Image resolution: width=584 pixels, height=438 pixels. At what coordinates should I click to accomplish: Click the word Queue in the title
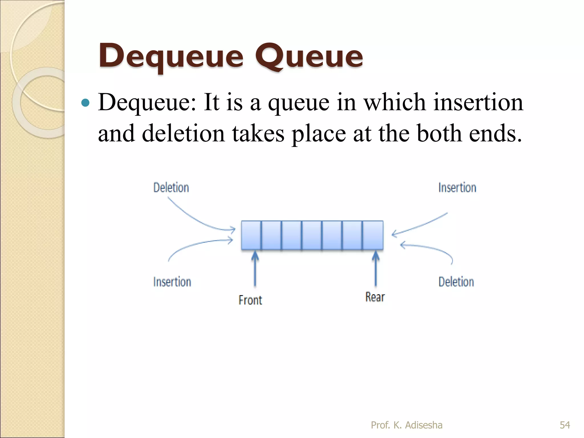[309, 57]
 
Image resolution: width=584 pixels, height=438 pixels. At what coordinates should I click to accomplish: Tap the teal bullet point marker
[85, 103]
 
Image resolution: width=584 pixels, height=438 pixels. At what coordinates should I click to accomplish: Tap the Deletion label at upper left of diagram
[171, 188]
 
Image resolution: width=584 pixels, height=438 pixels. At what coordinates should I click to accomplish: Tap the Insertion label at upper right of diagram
[457, 188]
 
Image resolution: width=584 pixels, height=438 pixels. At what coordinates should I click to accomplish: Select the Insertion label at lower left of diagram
[172, 282]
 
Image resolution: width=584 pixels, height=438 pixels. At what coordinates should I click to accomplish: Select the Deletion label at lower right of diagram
[456, 282]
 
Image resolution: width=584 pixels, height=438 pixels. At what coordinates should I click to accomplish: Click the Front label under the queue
[250, 300]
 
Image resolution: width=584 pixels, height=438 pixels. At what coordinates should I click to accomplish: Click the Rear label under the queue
[375, 297]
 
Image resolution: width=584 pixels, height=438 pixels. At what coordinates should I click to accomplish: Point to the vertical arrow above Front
[255, 268]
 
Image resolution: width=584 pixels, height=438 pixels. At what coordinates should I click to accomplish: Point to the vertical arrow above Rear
[376, 268]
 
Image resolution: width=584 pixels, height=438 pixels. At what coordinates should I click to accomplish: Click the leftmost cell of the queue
[251, 235]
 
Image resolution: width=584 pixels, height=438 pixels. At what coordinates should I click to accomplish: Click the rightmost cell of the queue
[373, 235]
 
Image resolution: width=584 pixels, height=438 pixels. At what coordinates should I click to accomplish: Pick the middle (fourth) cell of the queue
[312, 235]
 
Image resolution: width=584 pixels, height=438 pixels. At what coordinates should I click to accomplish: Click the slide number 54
[565, 425]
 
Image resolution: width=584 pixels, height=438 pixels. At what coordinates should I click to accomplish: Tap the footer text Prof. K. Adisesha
[407, 425]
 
